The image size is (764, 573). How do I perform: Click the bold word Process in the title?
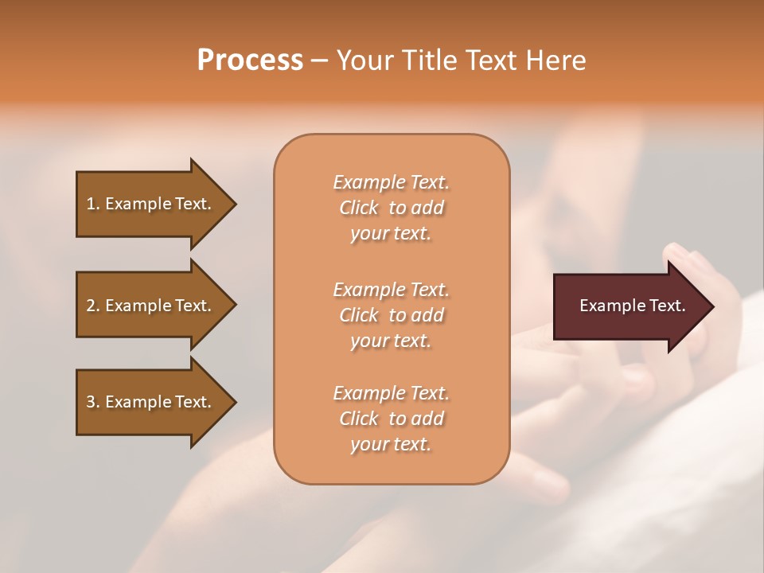tap(250, 60)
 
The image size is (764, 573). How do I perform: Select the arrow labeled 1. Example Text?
tap(151, 204)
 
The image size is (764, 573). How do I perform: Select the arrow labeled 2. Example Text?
tap(151, 306)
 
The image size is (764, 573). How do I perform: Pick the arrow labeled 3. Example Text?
tap(151, 402)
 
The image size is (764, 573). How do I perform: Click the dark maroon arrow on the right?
tap(629, 306)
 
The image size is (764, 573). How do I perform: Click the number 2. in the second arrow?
tap(93, 306)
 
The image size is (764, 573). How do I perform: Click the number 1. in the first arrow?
tap(93, 204)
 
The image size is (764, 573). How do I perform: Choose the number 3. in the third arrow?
tap(93, 402)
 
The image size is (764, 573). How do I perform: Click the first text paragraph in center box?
tap(391, 208)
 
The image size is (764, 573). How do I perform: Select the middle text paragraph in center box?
tap(391, 314)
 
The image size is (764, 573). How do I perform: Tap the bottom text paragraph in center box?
tap(391, 419)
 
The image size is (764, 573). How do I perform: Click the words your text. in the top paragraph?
tap(391, 234)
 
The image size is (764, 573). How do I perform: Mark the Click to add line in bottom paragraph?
tap(391, 419)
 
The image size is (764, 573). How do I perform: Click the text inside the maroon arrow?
tap(632, 306)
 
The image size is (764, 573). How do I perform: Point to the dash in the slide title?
tap(319, 61)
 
